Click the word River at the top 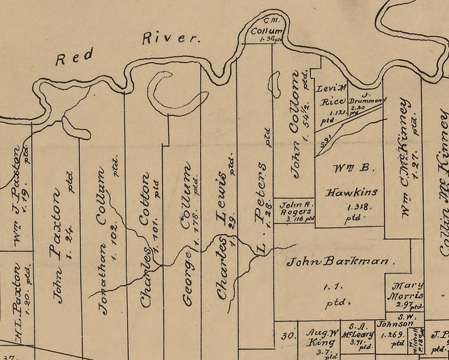(171, 38)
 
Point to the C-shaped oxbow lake (170, 93)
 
